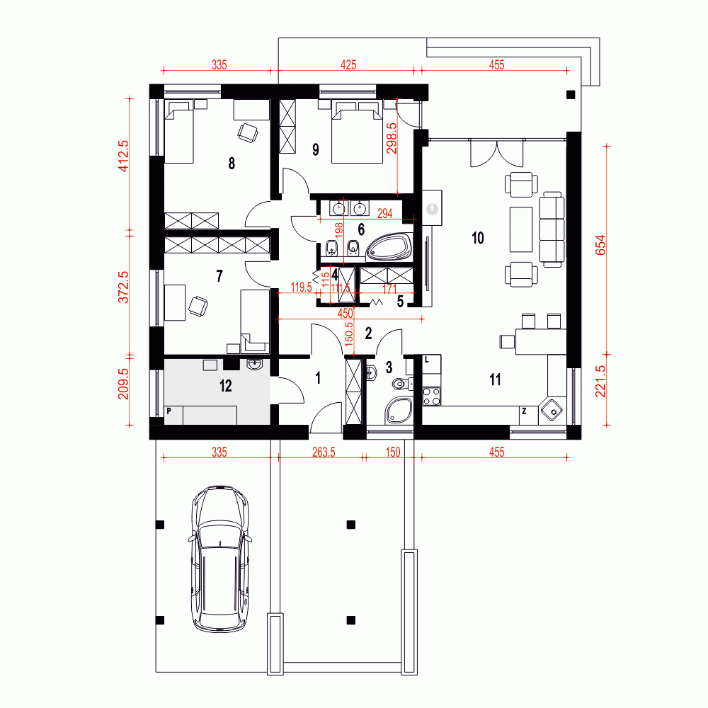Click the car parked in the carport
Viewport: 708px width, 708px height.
219,559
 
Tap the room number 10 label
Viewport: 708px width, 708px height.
478,238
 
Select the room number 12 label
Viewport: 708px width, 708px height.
226,386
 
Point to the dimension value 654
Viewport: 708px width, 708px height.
601,245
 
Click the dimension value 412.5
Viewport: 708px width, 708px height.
123,156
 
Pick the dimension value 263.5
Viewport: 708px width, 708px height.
324,452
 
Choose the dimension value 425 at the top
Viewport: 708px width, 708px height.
348,65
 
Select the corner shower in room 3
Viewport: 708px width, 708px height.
399,411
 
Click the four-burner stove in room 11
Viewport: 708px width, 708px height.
431,396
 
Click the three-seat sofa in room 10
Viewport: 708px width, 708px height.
552,229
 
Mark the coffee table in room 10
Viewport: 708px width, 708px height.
521,229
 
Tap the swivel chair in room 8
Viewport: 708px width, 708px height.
248,133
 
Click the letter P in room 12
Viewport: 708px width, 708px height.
169,411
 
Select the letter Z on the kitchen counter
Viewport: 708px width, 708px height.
524,411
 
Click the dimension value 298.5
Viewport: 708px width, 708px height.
392,138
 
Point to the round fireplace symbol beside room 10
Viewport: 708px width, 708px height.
432,209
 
